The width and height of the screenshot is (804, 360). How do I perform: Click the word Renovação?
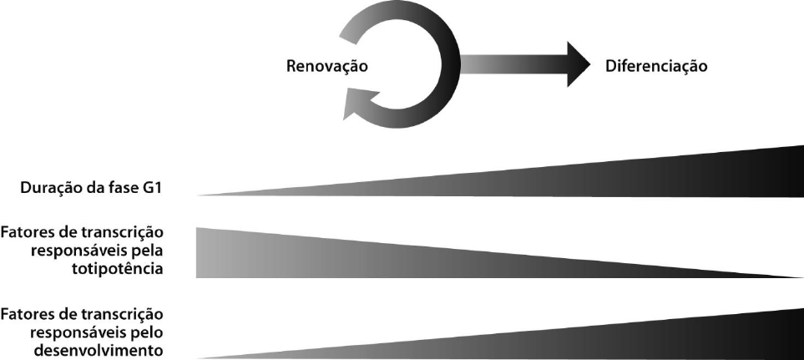[x=328, y=66]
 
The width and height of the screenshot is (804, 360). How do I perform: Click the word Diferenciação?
[x=655, y=66]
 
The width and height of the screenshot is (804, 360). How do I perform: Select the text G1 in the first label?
[x=153, y=189]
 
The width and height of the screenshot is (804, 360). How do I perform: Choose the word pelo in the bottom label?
[x=149, y=332]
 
